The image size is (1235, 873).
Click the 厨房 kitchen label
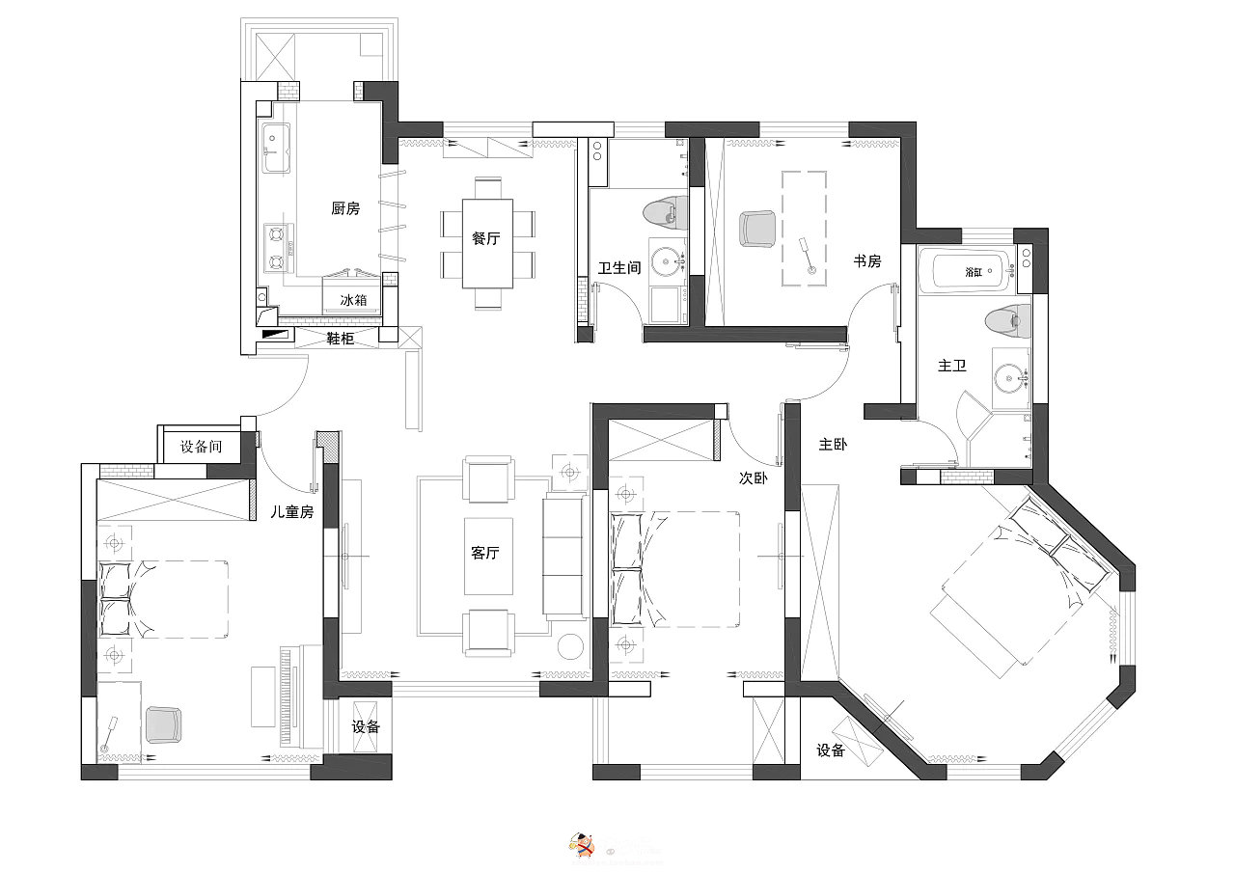345,208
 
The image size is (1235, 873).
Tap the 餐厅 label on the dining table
485,238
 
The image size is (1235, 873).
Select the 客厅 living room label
485,552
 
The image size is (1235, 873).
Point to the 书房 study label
867,260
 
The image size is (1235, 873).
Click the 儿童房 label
291,512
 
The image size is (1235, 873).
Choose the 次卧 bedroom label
754,477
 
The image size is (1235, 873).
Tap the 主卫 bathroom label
952,366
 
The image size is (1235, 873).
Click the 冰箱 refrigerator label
353,300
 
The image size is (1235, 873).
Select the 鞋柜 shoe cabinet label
341,339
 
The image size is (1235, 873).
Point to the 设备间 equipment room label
202,447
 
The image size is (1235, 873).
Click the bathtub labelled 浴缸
974,270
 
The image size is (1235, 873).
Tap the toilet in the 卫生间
665,214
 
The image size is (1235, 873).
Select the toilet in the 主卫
1008,322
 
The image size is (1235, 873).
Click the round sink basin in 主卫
1011,378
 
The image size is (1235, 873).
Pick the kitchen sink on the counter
276,148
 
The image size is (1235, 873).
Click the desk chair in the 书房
757,228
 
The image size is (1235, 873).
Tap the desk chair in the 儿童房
163,724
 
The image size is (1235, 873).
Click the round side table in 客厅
570,646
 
